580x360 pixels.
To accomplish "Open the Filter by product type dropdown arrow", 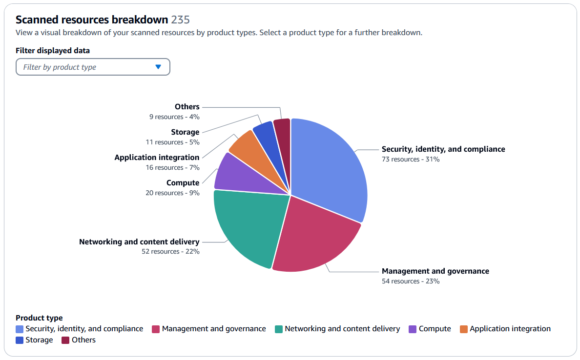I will click(x=158, y=67).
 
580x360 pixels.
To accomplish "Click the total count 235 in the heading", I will click(x=180, y=20).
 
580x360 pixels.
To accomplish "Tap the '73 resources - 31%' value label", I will click(x=411, y=159).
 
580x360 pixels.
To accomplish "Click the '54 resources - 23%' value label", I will click(x=411, y=281).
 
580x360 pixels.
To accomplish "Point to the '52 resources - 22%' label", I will click(x=170, y=251).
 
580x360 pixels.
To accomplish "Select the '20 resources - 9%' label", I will click(x=172, y=193).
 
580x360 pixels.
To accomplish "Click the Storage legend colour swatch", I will click(x=20, y=340).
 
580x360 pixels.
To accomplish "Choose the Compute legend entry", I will click(x=430, y=329).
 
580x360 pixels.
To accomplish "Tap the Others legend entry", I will click(x=83, y=340).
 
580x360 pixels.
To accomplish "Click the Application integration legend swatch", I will click(x=464, y=329).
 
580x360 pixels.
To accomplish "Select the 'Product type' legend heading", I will click(x=39, y=318).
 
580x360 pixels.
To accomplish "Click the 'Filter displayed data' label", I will click(x=53, y=50).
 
